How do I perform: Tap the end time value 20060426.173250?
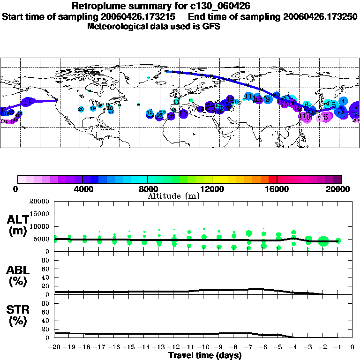(319, 16)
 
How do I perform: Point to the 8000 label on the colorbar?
(147, 189)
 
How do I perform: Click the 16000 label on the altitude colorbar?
(277, 189)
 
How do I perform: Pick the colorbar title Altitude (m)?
(173, 196)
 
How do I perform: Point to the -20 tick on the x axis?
(55, 347)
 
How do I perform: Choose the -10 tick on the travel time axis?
(204, 347)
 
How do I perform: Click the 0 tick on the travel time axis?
(352, 347)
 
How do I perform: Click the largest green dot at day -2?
(323, 241)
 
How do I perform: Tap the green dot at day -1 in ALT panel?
(338, 240)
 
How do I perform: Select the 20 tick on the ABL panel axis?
(47, 286)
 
